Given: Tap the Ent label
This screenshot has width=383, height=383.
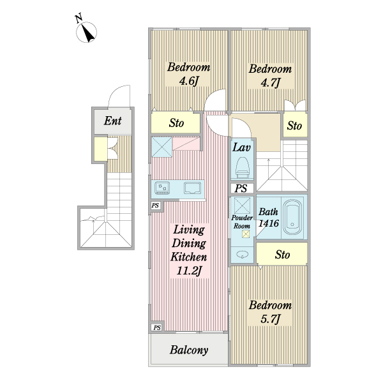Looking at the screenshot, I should (114, 121).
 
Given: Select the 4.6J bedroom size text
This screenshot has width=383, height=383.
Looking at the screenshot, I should (188, 81).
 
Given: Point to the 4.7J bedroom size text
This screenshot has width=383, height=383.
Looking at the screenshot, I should (270, 82).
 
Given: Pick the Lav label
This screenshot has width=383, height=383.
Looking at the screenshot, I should (241, 147).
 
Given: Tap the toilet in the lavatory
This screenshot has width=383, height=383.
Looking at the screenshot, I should (242, 169).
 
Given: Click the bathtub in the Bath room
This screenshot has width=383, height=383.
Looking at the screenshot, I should (293, 216).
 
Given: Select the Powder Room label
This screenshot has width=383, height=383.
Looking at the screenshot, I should (241, 222).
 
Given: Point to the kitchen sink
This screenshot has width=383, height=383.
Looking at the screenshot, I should (192, 188).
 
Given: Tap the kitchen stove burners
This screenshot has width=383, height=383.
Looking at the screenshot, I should (163, 188).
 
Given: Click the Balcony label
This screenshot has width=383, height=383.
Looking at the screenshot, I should (189, 350).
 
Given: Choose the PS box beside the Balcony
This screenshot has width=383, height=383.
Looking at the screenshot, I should (156, 327).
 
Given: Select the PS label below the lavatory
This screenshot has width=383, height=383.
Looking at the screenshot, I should (241, 188).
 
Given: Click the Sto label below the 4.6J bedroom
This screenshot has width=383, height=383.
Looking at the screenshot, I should (177, 123).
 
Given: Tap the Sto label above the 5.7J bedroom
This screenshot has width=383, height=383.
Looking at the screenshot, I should (282, 255).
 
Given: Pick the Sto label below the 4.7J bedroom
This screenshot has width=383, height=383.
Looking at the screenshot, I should (294, 126).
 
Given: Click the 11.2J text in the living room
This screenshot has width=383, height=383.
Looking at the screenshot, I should (188, 271).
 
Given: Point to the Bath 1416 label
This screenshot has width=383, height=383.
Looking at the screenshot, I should (267, 218).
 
